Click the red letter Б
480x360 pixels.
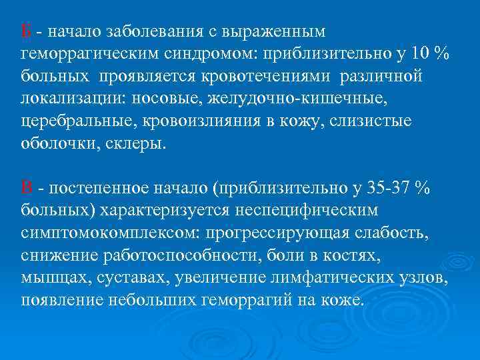pyautogui.click(x=26, y=31)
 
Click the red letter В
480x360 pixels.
pyautogui.click(x=26, y=189)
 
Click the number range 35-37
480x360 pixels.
pyautogui.click(x=389, y=189)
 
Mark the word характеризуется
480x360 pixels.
pyautogui.click(x=164, y=211)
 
